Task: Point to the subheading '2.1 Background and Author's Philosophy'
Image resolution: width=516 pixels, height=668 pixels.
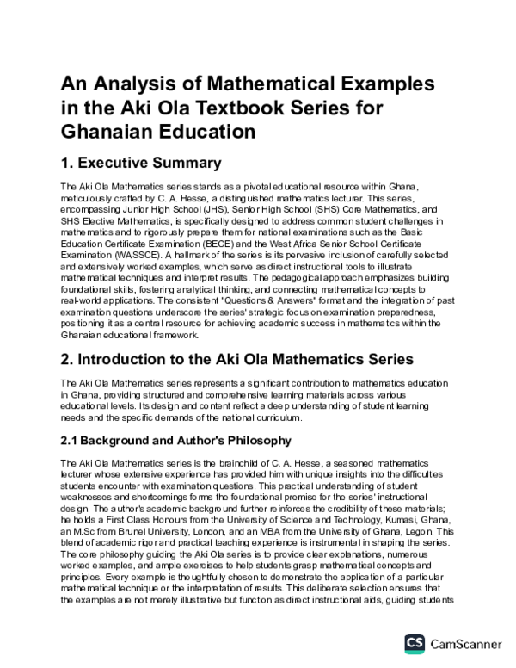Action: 173,441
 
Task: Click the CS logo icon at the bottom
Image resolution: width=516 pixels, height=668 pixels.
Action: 415,641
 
